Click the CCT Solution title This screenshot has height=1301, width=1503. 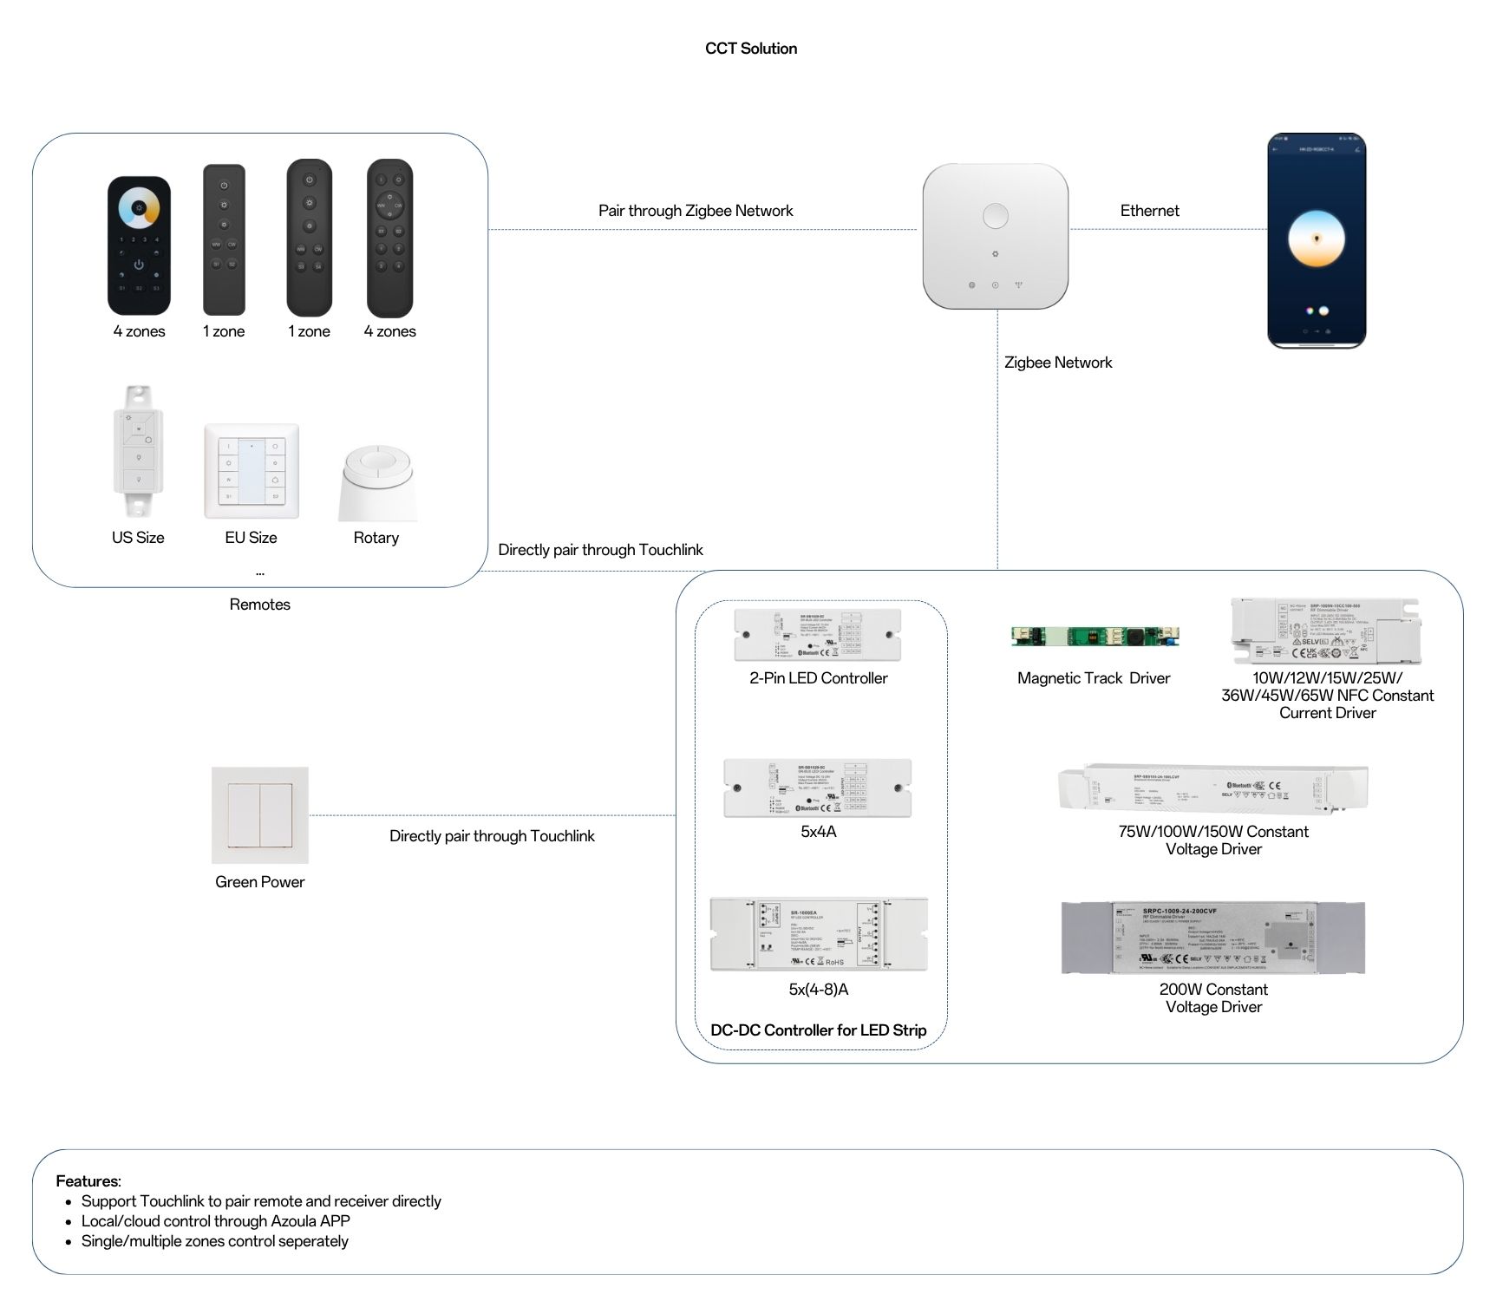pos(750,49)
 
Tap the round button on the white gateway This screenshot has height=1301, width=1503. pos(995,215)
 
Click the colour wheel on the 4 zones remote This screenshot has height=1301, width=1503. pos(139,209)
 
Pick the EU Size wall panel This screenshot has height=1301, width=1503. pos(252,471)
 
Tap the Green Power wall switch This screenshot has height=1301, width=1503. pos(259,814)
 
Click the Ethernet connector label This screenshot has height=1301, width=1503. pos(1149,211)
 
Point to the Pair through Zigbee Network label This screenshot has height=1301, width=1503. pos(696,211)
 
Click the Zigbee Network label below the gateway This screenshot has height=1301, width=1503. pos(1057,363)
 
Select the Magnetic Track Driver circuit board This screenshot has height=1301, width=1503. pos(1095,637)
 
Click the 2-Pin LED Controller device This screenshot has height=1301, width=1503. pos(817,634)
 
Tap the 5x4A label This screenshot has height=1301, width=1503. pos(818,832)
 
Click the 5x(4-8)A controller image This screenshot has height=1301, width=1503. pos(818,934)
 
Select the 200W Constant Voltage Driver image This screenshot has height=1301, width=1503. pos(1212,938)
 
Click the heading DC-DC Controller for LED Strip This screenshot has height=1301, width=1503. pos(818,1030)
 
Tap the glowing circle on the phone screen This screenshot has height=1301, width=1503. pos(1316,239)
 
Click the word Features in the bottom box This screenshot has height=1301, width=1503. pos(88,1181)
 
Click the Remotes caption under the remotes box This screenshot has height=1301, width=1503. pos(259,605)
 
